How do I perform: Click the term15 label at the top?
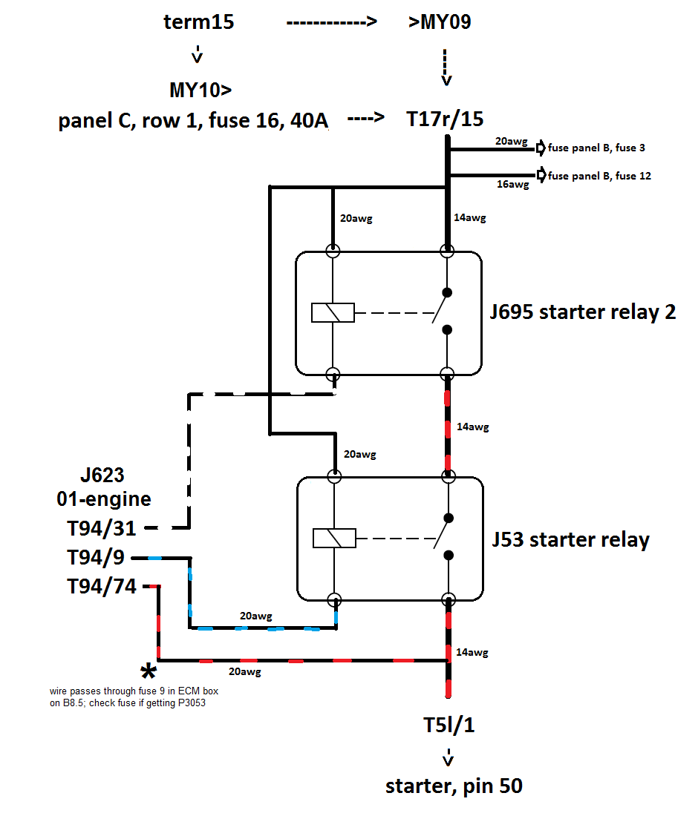pos(198,22)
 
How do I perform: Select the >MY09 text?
pos(440,22)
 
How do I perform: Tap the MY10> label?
pos(200,91)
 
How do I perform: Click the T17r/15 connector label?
pos(445,119)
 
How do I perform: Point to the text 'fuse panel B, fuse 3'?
pos(596,148)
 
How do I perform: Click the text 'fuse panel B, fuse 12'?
pos(599,176)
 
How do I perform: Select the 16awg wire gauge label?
pos(513,185)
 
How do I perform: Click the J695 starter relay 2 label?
pos(582,312)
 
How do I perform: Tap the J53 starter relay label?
pos(570,539)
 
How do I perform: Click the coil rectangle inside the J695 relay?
pos(333,312)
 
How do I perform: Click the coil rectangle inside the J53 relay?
pos(333,538)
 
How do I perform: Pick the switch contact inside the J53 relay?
pos(443,537)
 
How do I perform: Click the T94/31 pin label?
pos(102,528)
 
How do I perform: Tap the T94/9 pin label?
pos(97,557)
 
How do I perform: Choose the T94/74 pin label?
pos(102,587)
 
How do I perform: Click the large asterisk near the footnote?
pos(149,673)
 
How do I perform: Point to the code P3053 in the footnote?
pos(189,703)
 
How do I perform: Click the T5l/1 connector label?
pos(449,725)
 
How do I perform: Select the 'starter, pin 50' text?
pos(454,786)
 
